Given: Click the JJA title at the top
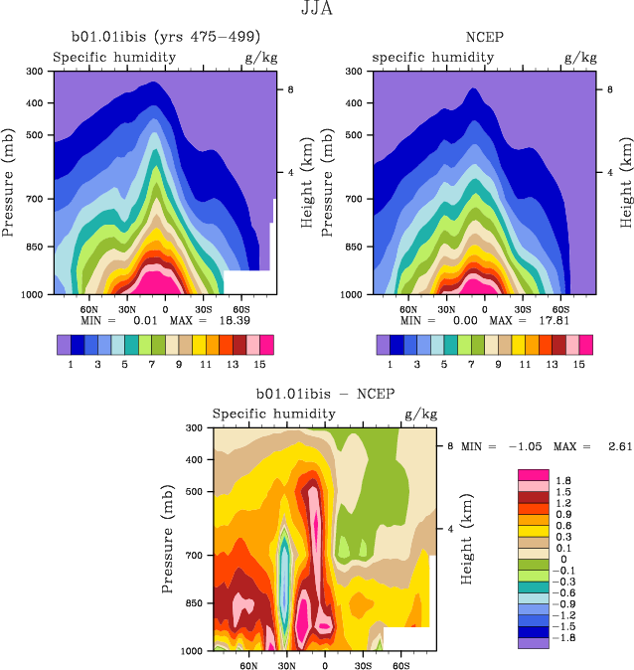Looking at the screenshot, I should [x=316, y=11].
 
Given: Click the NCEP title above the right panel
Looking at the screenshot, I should [x=483, y=39].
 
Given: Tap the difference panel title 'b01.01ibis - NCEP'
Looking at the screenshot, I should [x=325, y=395].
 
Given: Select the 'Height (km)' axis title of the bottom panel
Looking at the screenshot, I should [x=466, y=538].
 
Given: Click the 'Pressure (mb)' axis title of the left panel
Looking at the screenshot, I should [x=9, y=182].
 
